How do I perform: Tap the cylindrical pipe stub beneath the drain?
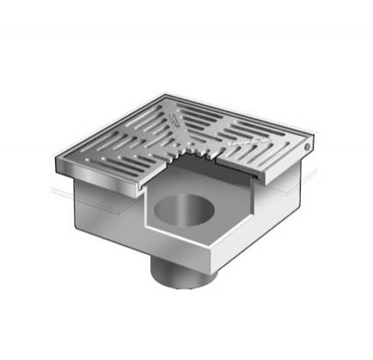pos(176,274)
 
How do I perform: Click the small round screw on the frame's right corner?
pos(309,150)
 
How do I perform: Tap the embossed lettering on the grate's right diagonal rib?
pos(243,136)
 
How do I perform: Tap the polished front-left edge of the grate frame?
pos(95,177)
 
